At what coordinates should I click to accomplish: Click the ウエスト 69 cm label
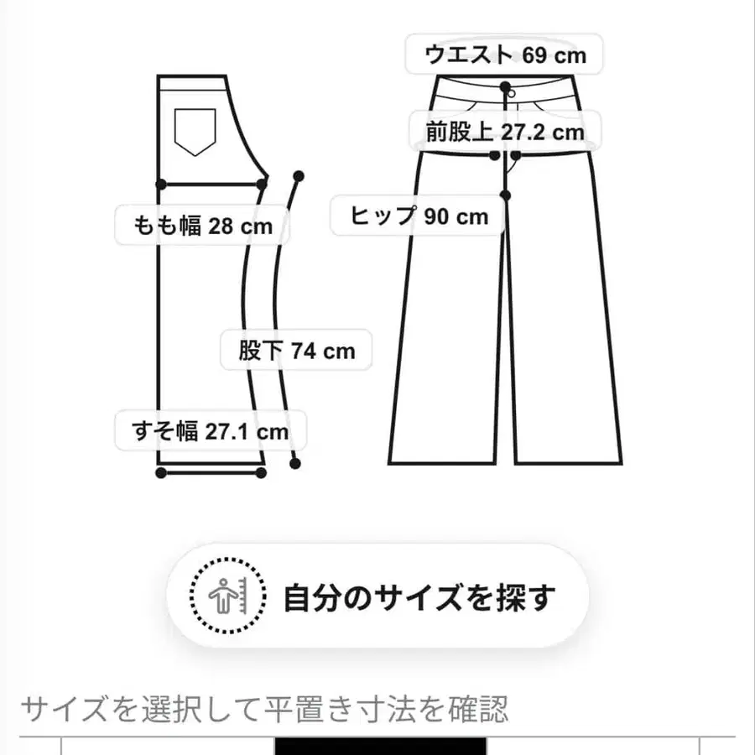[x=504, y=55]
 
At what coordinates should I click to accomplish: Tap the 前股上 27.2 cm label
[x=505, y=132]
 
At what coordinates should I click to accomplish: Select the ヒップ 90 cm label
[x=419, y=216]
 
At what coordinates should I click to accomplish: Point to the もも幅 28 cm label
[x=202, y=226]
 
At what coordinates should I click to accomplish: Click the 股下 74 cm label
[x=296, y=350]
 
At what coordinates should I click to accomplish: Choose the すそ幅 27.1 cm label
[x=211, y=430]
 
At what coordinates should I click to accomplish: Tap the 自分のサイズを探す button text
[x=419, y=597]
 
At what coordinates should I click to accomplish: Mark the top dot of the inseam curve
[x=299, y=176]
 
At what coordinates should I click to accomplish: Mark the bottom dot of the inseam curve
[x=295, y=464]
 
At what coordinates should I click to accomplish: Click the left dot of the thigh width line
[x=161, y=184]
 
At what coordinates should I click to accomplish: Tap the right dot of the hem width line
[x=261, y=473]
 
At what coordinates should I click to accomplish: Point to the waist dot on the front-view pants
[x=505, y=87]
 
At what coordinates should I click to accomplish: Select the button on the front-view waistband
[x=512, y=94]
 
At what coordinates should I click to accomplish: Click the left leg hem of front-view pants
[x=442, y=464]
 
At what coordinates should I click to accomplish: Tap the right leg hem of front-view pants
[x=568, y=464]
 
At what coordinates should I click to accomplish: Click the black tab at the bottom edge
[x=380, y=746]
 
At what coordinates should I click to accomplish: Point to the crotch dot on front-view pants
[x=505, y=195]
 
